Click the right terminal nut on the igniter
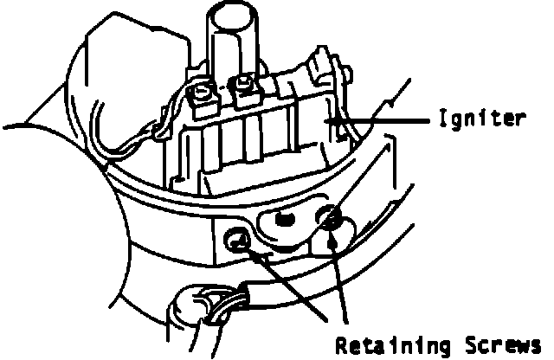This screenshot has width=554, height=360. (245, 87)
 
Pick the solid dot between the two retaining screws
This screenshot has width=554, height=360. (283, 221)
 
